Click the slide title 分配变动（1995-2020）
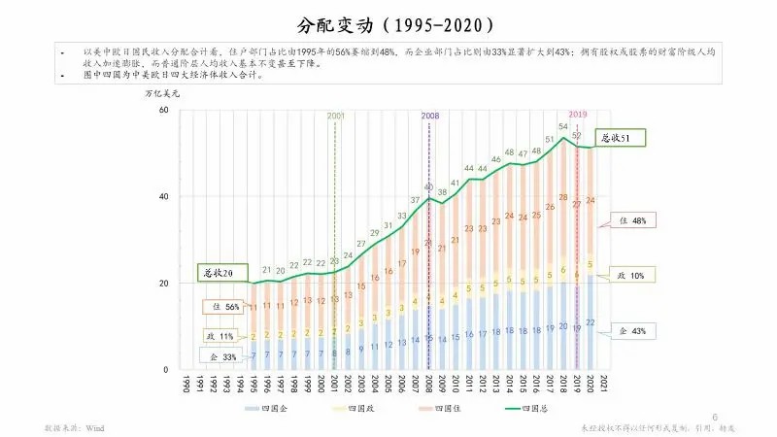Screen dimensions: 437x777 click(388, 22)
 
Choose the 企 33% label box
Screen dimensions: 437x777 click(223, 358)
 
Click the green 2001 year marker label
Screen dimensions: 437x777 click(336, 116)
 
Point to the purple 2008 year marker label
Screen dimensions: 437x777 click(430, 116)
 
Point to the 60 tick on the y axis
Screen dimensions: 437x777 click(162, 110)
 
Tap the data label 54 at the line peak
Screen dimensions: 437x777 click(563, 127)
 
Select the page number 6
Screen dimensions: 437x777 click(715, 417)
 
